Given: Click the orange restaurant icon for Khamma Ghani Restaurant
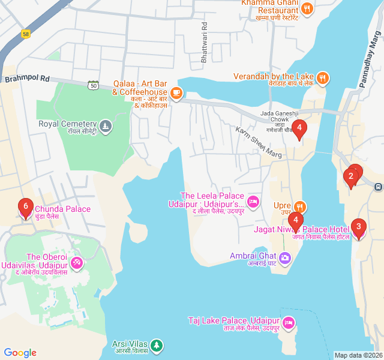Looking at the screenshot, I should [307, 8].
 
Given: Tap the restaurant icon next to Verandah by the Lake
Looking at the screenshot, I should [323, 77].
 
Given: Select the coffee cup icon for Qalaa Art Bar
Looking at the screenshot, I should [176, 92].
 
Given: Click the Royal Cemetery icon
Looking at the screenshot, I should [106, 125].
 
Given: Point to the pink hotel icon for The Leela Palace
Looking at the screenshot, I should [253, 200].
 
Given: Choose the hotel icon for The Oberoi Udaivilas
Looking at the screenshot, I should [76, 262].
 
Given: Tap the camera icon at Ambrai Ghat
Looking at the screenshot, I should [284, 257].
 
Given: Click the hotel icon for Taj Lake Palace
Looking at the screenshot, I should [289, 322].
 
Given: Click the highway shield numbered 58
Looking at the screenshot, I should [26, 34].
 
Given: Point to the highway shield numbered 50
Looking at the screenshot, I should [93, 85].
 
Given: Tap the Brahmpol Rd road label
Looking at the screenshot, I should [26, 79].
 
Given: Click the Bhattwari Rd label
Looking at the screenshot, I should [205, 35].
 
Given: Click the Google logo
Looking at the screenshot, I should [20, 353].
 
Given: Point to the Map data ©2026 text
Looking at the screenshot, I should [357, 355].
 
